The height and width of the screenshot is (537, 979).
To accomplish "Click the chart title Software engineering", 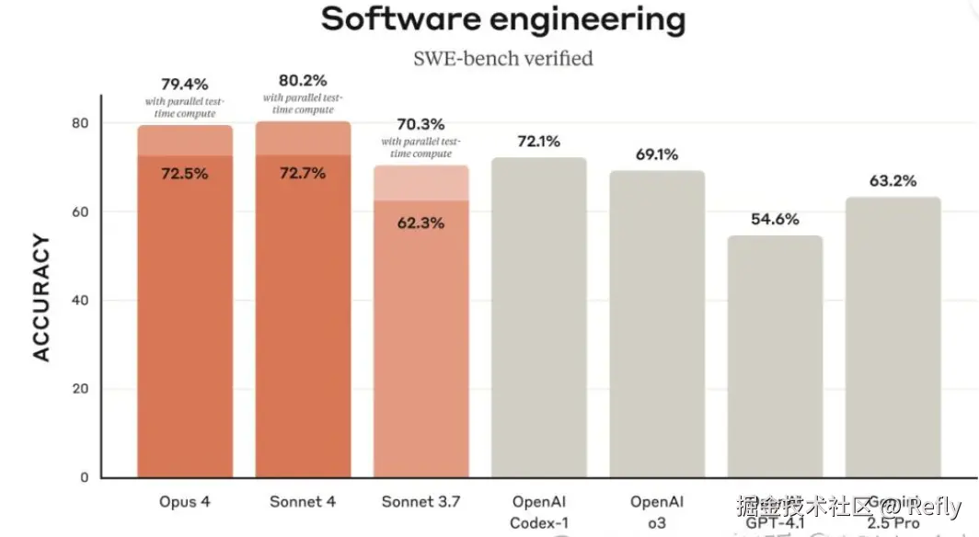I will [x=502, y=19].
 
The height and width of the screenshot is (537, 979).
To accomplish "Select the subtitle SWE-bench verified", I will [x=502, y=59].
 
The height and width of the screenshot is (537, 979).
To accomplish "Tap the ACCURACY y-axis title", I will [x=41, y=297].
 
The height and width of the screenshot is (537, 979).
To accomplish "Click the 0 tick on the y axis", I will [x=84, y=477].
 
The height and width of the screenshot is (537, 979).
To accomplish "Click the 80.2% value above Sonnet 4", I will [x=303, y=81].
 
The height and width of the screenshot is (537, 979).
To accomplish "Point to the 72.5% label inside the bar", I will [x=184, y=174].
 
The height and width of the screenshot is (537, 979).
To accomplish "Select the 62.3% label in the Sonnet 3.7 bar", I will [x=420, y=222].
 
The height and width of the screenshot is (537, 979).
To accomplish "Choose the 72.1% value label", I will [x=538, y=142].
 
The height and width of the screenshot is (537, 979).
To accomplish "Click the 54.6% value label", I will [x=775, y=220].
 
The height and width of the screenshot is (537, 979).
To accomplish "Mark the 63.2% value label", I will [x=893, y=181].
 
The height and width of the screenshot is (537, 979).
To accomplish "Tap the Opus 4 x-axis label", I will [x=184, y=502].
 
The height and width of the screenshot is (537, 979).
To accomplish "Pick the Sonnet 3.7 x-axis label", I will [x=420, y=502].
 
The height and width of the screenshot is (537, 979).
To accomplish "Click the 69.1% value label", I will [x=656, y=154].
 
